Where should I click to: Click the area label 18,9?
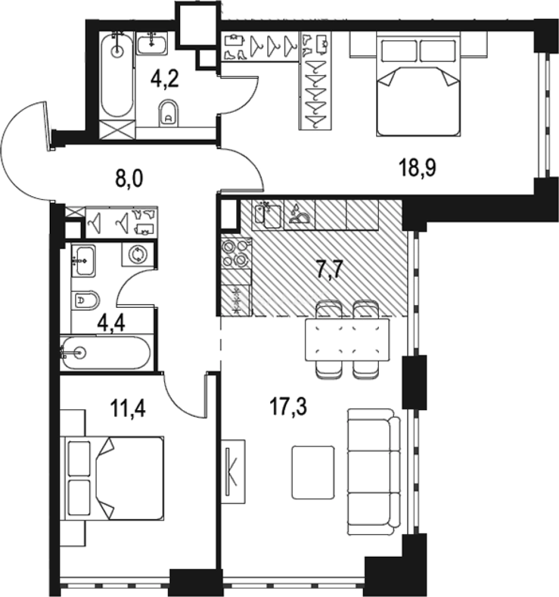click(x=418, y=167)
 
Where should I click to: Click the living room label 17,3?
click(x=288, y=409)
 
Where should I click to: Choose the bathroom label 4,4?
click(x=111, y=322)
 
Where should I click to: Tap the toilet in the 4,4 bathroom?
click(x=86, y=301)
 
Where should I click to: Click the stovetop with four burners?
click(x=236, y=253)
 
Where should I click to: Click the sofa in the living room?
click(x=373, y=472)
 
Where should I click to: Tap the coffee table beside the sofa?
click(x=313, y=472)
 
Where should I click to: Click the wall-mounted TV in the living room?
click(x=233, y=471)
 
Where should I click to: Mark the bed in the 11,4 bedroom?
click(x=115, y=478)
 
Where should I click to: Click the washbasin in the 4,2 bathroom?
click(x=152, y=43)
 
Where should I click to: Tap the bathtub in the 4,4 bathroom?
click(x=105, y=352)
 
